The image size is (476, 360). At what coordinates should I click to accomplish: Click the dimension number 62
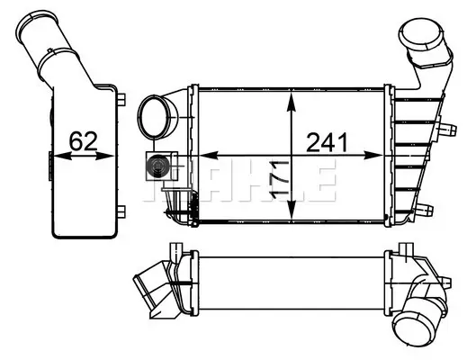[83, 141]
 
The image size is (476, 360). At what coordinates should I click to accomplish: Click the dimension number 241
[327, 142]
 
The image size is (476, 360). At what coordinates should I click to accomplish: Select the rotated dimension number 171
[279, 180]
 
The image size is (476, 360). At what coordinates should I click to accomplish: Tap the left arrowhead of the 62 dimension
[63, 156]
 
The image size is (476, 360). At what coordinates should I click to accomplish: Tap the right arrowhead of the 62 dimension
[105, 156]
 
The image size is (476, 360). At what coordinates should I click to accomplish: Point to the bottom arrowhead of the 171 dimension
[292, 209]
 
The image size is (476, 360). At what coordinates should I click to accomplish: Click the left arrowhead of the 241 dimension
[209, 156]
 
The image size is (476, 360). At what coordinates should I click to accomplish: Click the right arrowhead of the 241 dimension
[373, 156]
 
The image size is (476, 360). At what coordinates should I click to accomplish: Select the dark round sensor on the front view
[157, 166]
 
